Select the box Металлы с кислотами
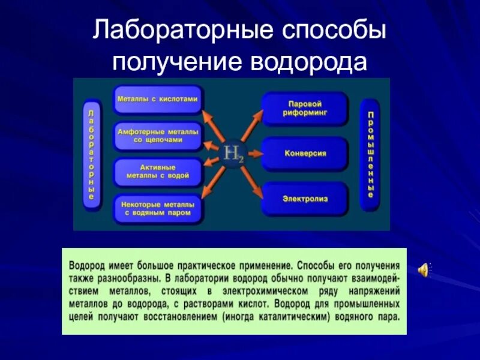[x=157, y=98]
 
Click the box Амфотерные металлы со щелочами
[x=157, y=136]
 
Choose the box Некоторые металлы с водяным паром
[x=157, y=208]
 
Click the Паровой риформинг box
[x=305, y=108]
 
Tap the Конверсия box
[x=305, y=153]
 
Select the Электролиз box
[x=305, y=197]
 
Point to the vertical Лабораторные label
[x=91, y=154]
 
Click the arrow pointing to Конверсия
[x=254, y=152]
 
